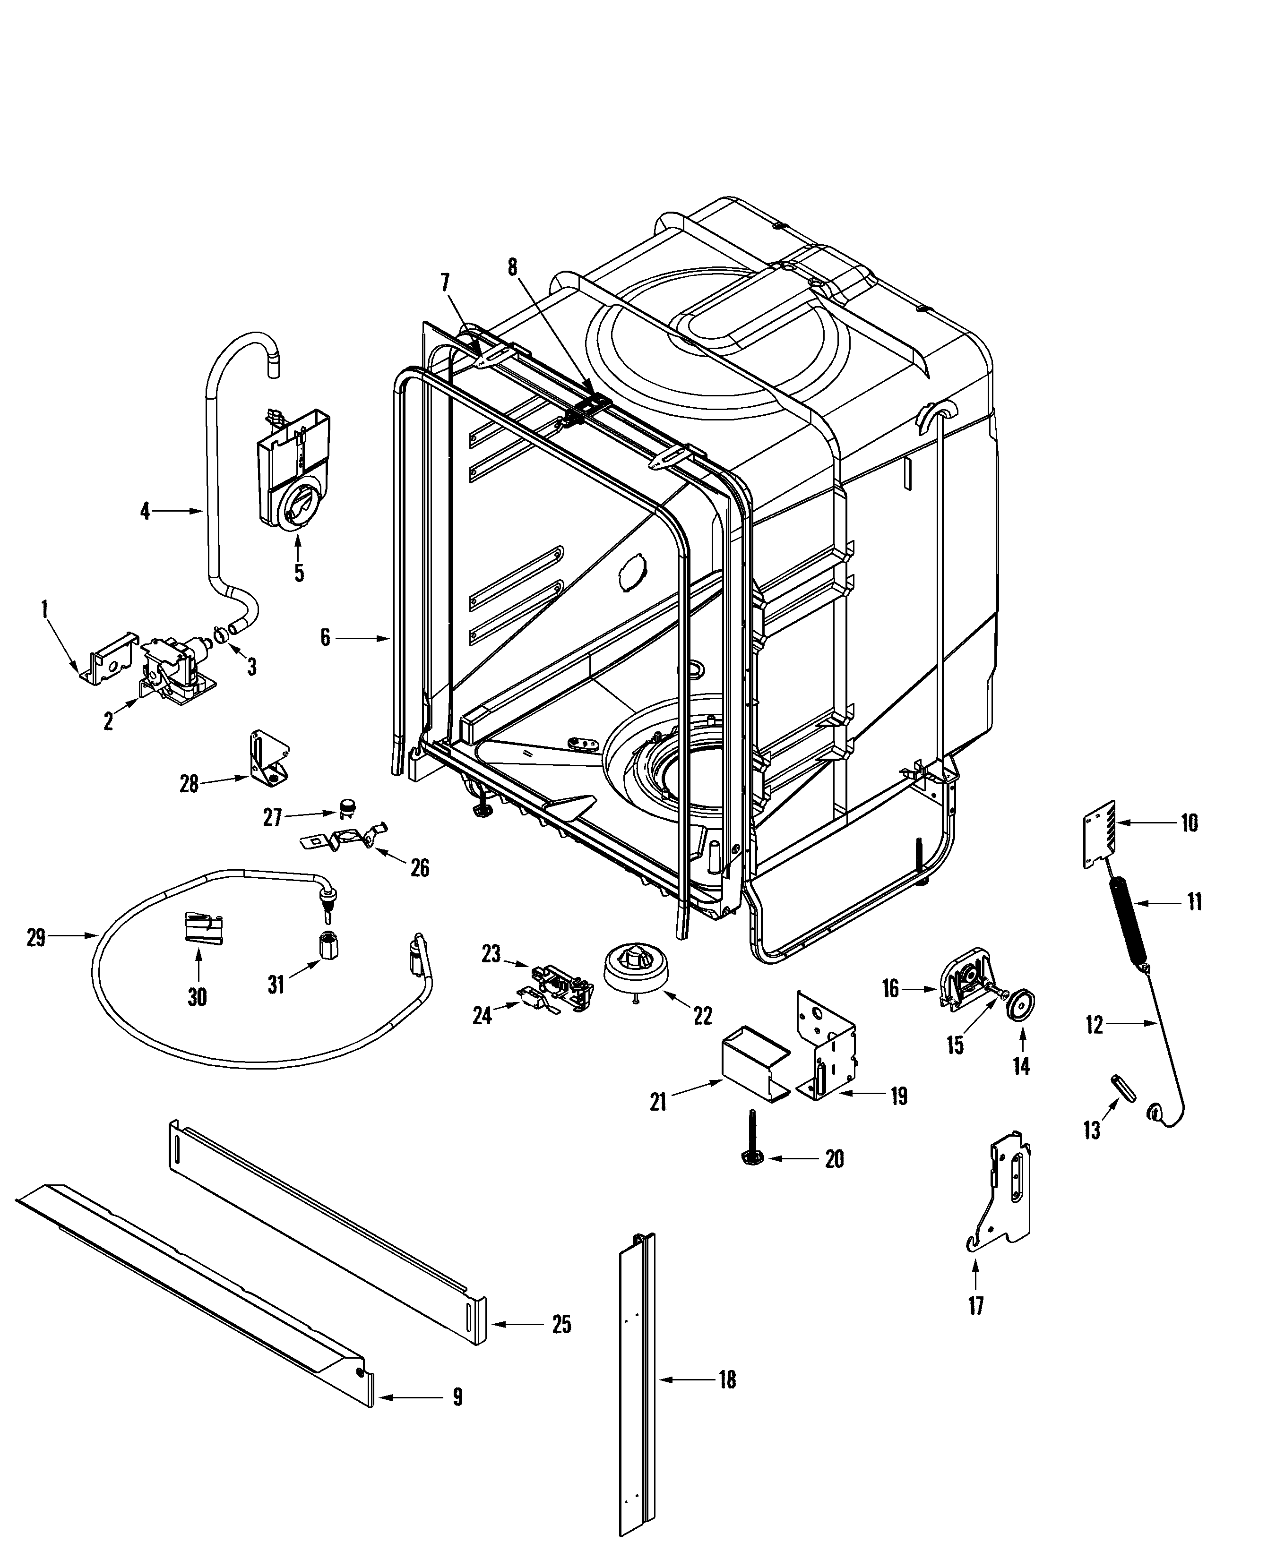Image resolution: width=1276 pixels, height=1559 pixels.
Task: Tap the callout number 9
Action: tap(457, 1396)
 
